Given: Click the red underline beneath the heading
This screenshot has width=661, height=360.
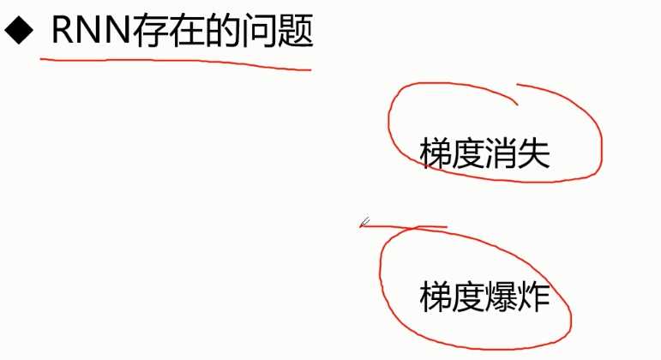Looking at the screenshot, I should click(171, 63).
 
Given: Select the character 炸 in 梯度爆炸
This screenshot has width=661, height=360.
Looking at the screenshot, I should click(533, 297).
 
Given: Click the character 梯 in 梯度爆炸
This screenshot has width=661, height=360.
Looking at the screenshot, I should click(436, 297).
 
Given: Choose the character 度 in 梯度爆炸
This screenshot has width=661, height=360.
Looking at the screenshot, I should click(468, 297).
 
